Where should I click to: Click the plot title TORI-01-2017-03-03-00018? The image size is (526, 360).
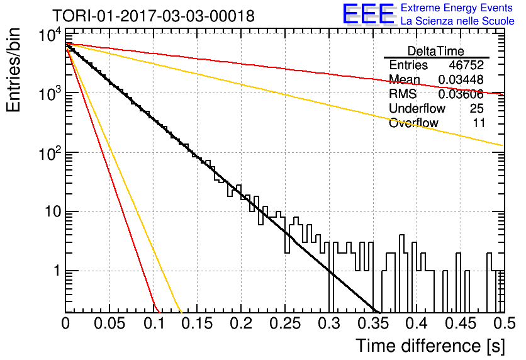tap(154, 16)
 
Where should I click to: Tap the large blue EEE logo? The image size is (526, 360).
tap(369, 14)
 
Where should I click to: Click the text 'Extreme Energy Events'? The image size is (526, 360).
tap(457, 8)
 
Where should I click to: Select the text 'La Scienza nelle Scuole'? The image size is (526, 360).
tap(457, 21)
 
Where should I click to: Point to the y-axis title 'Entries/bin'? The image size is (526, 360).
tap(13, 70)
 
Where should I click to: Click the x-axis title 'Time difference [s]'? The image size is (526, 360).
tap(430, 346)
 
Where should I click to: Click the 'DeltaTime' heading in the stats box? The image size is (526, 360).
tap(436, 52)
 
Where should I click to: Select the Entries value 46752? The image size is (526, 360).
tap(466, 65)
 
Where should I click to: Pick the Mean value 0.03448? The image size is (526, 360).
tap(461, 79)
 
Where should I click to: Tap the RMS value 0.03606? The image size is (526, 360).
tap(461, 94)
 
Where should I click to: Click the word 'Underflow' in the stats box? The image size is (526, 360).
tap(417, 108)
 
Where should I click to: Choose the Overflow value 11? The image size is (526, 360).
tap(479, 123)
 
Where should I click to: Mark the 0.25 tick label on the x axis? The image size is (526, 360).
tap(285, 323)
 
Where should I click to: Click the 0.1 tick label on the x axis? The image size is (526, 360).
tap(154, 323)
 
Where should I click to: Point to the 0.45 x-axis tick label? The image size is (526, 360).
tap(461, 323)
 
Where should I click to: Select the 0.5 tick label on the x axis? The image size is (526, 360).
tap(504, 323)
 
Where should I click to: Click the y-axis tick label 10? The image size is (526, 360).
tap(53, 211)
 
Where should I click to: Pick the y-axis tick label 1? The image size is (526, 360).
tap(57, 271)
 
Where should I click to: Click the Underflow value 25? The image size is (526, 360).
tap(477, 108)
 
